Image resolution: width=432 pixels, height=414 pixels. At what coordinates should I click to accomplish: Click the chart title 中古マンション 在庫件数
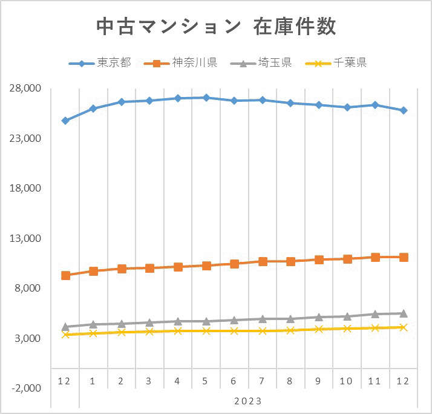pos(216,26)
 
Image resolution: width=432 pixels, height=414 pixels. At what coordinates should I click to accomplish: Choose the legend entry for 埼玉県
pos(266,63)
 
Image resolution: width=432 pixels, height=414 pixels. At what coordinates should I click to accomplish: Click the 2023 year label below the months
pos(247,401)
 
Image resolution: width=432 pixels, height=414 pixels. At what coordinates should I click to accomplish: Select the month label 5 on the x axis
pos(206,381)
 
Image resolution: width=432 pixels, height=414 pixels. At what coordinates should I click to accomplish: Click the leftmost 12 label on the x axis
pos(65,381)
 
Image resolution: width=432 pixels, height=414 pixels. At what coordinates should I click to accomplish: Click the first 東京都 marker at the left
pos(65,121)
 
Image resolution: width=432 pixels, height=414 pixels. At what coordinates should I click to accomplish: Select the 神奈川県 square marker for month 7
pos(263,261)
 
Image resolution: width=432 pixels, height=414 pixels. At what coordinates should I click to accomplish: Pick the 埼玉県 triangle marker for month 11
pos(375,314)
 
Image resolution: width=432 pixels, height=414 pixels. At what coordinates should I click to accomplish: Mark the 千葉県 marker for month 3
pos(149,332)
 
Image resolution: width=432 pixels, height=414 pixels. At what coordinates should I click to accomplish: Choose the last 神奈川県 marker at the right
pos(404,257)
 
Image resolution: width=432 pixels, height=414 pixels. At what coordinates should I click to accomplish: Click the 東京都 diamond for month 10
pos(347,107)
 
